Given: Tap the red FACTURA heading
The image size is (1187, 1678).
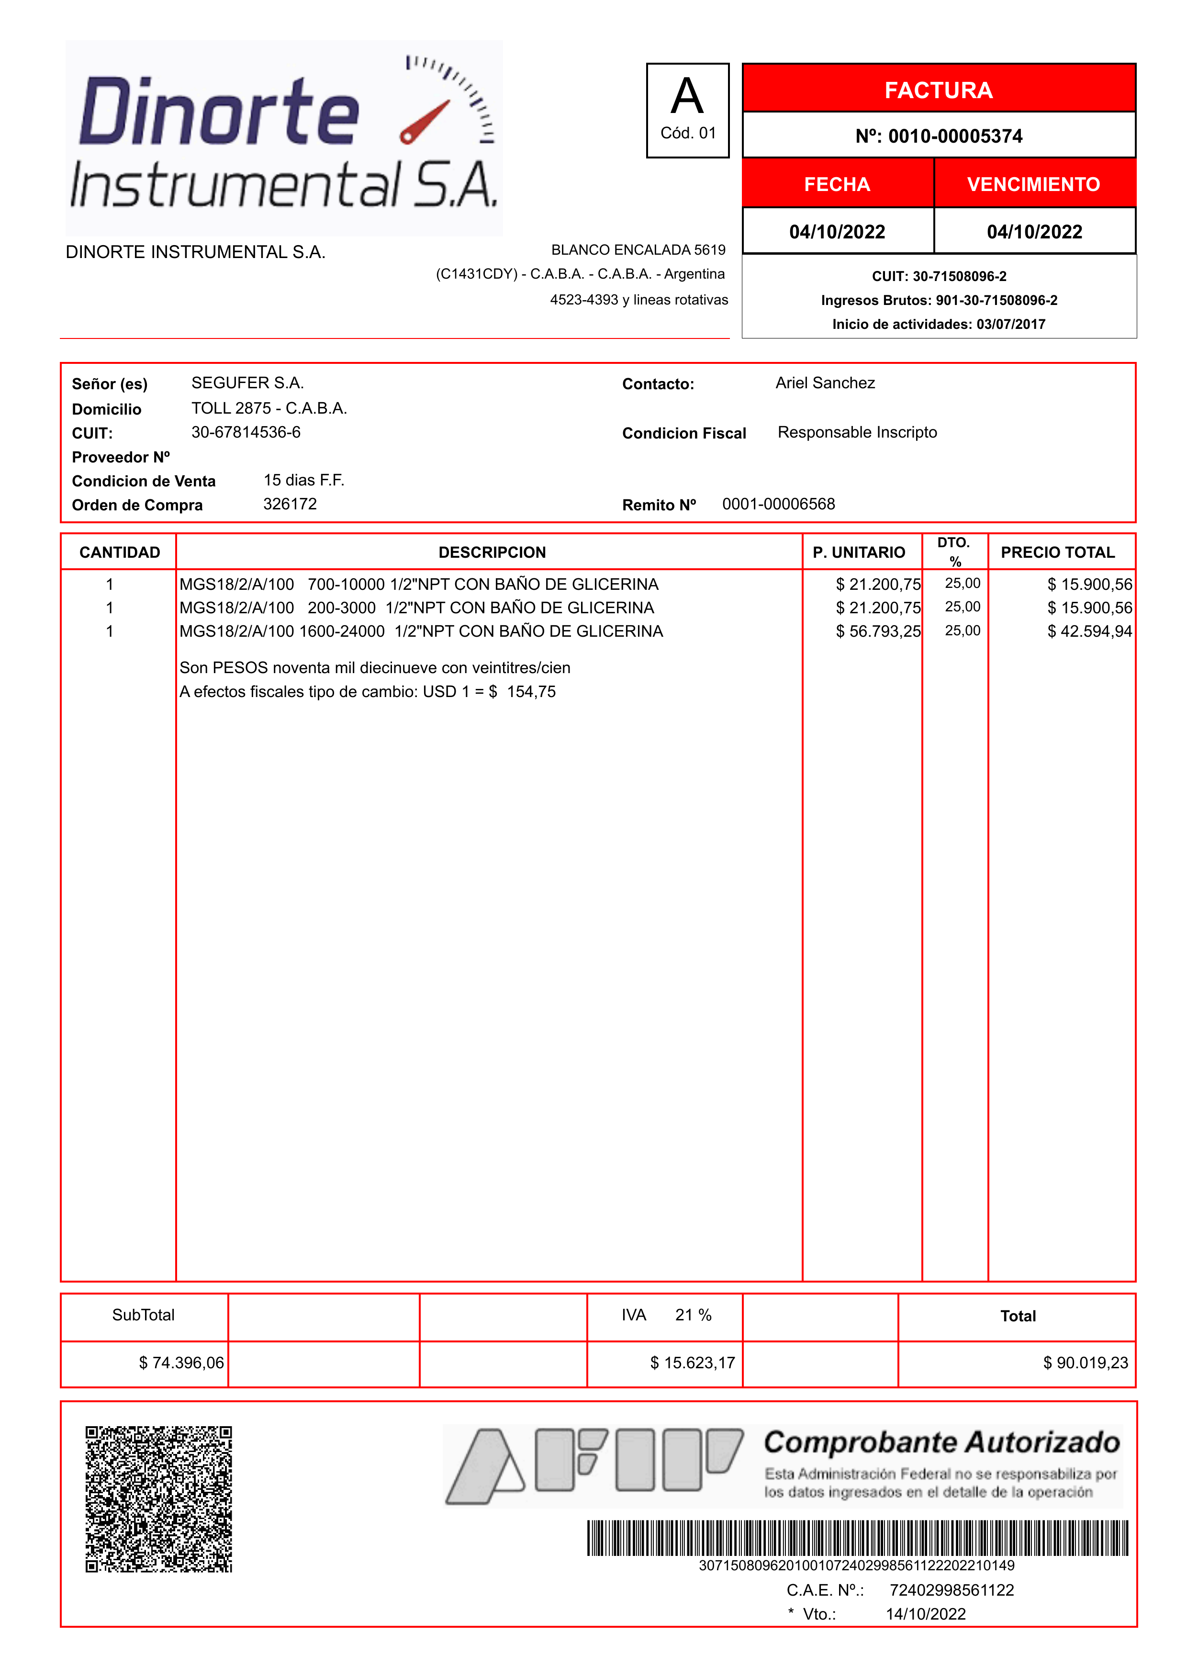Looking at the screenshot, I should point(939,90).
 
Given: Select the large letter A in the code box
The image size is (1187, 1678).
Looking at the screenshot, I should point(687,97).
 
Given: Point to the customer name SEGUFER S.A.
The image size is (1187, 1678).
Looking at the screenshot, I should point(247,383).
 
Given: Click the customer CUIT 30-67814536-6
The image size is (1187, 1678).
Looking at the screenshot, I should point(246,432).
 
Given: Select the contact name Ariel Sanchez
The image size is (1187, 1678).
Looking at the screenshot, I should point(825,383).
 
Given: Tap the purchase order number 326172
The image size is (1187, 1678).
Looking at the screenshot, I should point(290,504).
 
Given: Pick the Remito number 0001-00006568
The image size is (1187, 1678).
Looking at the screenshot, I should point(778,504).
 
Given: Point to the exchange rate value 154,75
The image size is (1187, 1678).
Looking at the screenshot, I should point(531,692).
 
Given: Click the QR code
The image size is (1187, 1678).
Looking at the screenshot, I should point(158,1499).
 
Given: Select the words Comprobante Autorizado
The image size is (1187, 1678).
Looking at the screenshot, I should point(941,1442).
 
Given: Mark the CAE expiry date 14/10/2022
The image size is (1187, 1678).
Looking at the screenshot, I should point(925,1614).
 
